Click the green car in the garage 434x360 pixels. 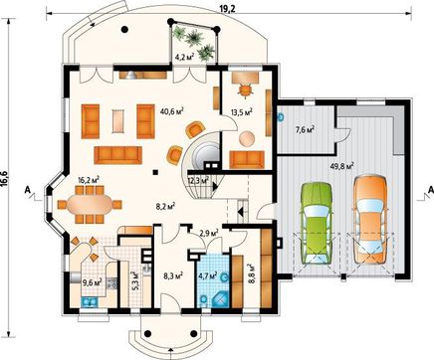coord(317,223)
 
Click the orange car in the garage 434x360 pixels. coord(369,220)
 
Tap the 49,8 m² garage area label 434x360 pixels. coord(342,166)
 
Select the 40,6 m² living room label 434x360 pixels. coord(172,111)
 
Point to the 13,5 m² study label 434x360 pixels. coord(242,112)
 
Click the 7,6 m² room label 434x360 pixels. coord(306,129)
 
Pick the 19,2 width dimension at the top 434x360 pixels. coord(227,9)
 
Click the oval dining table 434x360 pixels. coord(90,205)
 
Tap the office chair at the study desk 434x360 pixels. coord(245,90)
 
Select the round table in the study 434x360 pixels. coord(247,139)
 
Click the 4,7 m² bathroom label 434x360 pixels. coord(208,274)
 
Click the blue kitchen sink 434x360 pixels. coord(90,302)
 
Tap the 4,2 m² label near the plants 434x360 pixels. coord(184,57)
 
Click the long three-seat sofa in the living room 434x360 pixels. coord(117,155)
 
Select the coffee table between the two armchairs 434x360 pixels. coord(118,121)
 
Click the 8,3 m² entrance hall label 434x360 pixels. coord(173,274)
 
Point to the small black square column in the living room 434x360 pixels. coord(155,172)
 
